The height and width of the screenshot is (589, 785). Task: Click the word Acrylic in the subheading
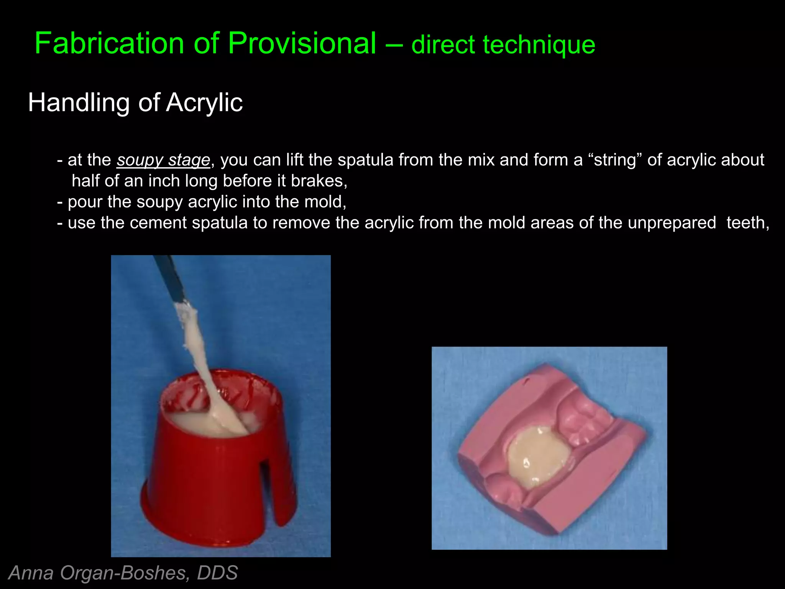pyautogui.click(x=204, y=103)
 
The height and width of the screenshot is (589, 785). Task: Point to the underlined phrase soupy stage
pyautogui.click(x=164, y=160)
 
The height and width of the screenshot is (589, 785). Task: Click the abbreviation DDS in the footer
pyautogui.click(x=217, y=573)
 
